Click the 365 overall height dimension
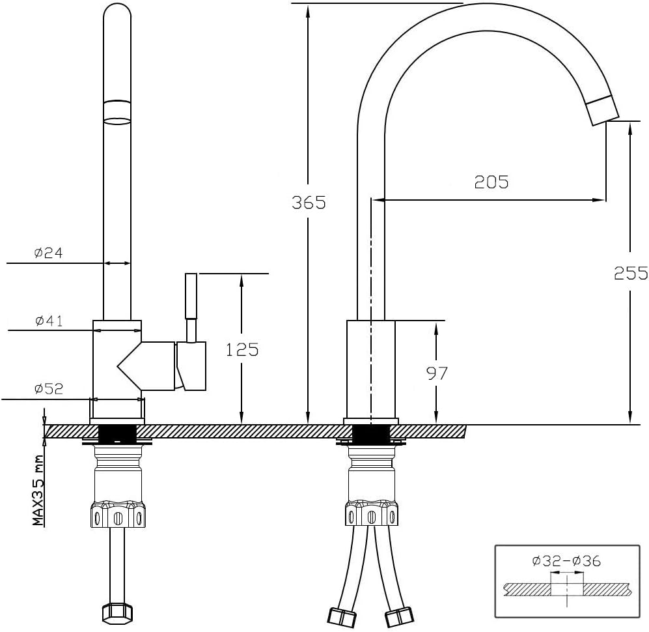coord(309,203)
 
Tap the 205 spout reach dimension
coord(491,182)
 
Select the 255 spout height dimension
coord(631,273)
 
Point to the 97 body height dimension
coord(437,373)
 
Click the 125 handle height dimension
coord(242,350)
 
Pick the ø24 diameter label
coord(48,253)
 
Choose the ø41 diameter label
coord(48,321)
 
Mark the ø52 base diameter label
coord(48,389)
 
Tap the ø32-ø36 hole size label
coord(566,560)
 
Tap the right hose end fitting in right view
coord(399,616)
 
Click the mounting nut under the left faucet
coord(117,515)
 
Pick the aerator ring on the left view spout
coord(117,111)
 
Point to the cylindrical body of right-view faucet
coord(370,368)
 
